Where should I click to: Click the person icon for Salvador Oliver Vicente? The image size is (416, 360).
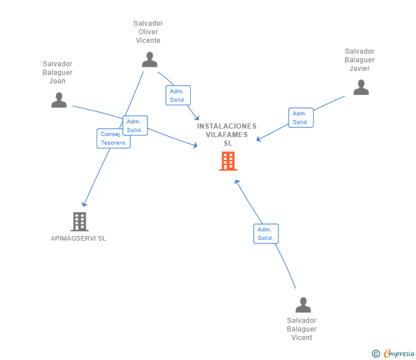tap(150, 59)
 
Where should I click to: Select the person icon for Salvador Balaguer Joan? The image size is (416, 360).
tap(59, 100)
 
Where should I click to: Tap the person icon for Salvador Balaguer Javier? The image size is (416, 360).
tap(361, 87)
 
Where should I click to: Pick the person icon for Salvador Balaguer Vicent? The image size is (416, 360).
tap(303, 305)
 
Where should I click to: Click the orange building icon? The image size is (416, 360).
tap(227, 161)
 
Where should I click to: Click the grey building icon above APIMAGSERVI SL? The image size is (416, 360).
tap(79, 221)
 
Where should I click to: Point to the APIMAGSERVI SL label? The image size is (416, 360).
tap(78, 238)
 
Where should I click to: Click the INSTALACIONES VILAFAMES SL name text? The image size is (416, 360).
tap(227, 135)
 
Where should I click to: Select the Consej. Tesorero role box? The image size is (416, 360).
tap(113, 138)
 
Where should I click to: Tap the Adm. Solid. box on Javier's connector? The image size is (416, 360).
tap(301, 118)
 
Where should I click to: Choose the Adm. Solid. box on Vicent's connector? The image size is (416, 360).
tap(265, 234)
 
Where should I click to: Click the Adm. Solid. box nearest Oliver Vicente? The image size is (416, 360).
tap(178, 95)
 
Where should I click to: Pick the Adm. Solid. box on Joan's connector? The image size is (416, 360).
tap(135, 126)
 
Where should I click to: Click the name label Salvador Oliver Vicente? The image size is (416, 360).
tap(148, 32)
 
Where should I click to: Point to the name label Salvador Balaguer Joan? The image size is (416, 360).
tap(58, 73)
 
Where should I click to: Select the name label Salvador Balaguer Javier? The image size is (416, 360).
tap(359, 60)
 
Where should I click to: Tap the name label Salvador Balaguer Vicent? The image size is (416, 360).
tap(302, 329)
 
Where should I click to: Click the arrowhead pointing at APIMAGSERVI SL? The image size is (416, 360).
tap(84, 203)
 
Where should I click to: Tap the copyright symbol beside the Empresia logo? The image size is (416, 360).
tap(376, 354)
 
